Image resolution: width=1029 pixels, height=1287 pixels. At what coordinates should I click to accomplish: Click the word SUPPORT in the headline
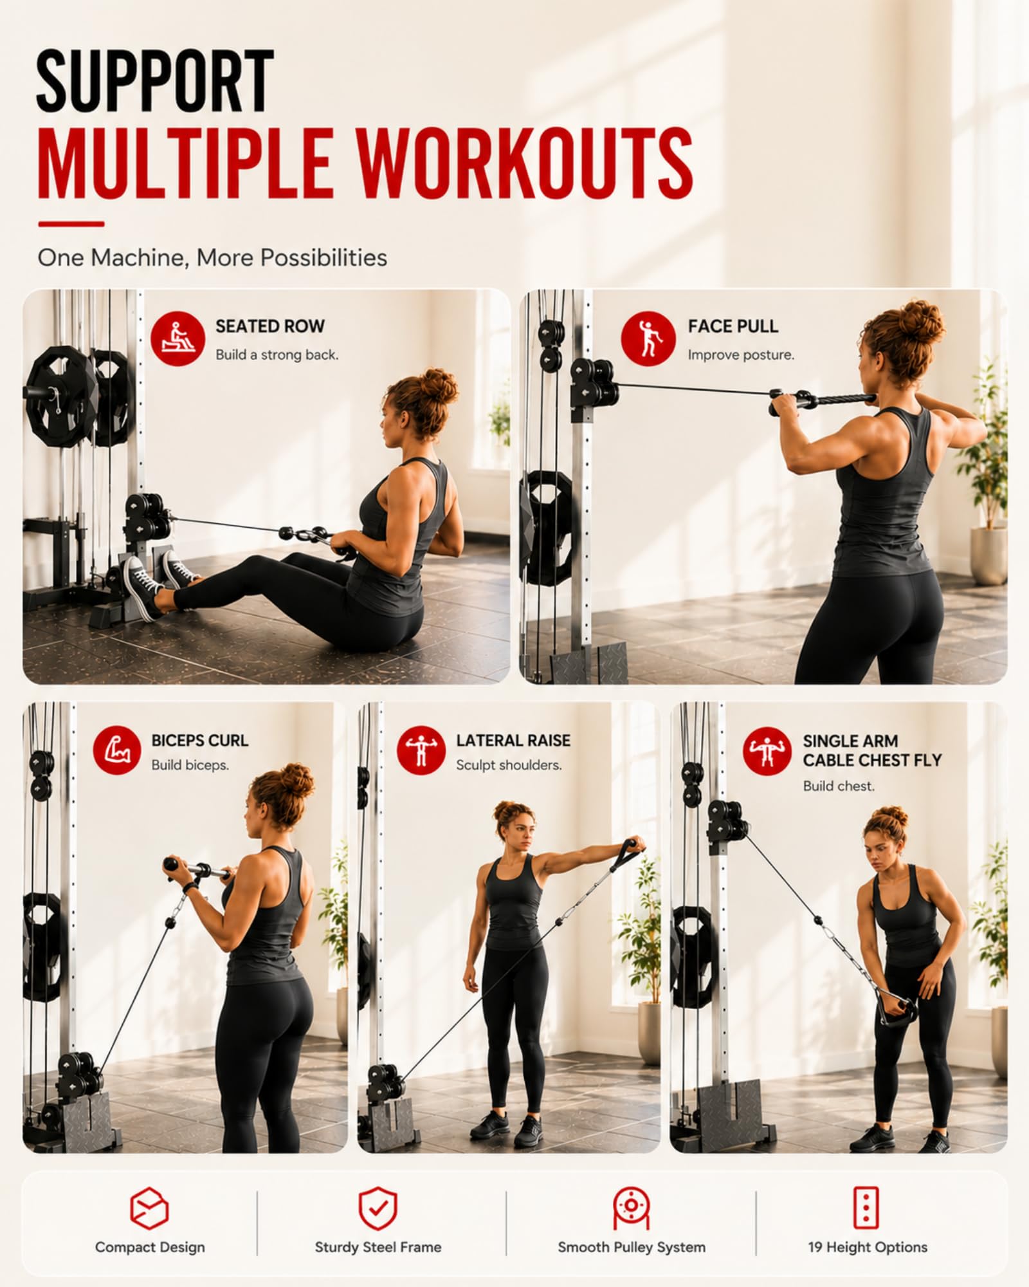pyautogui.click(x=155, y=82)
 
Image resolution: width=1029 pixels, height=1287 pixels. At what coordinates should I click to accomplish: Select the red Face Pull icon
pyautogui.click(x=648, y=338)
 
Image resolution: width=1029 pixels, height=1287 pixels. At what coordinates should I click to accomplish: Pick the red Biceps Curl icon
pyautogui.click(x=117, y=750)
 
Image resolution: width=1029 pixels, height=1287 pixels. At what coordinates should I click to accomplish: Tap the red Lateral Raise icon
pyautogui.click(x=421, y=750)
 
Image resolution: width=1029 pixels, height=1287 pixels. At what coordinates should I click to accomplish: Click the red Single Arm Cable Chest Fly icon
pyautogui.click(x=767, y=751)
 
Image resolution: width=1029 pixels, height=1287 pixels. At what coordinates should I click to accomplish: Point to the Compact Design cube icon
pyautogui.click(x=149, y=1209)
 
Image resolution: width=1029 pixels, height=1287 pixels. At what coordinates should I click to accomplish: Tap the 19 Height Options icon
pyautogui.click(x=866, y=1208)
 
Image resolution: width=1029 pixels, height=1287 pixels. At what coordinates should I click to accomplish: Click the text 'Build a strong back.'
pyautogui.click(x=277, y=355)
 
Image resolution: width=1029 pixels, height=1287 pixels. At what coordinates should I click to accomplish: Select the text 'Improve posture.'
pyautogui.click(x=741, y=355)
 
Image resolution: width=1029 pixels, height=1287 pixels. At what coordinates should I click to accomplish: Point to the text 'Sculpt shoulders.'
pyautogui.click(x=509, y=765)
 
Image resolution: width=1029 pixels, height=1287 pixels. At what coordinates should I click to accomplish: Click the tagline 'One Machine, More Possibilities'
pyautogui.click(x=212, y=258)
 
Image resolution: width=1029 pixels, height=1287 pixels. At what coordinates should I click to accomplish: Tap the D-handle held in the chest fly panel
pyautogui.click(x=897, y=1010)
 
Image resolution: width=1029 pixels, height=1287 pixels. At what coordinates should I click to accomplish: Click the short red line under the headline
pyautogui.click(x=71, y=224)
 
